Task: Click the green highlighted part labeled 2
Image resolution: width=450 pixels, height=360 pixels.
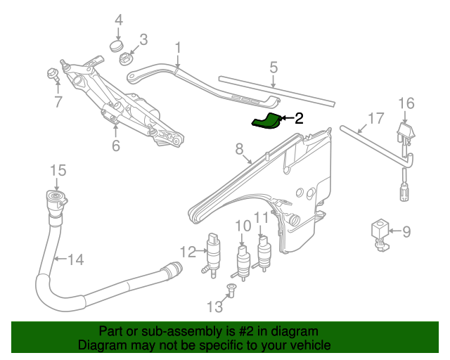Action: pos(267,122)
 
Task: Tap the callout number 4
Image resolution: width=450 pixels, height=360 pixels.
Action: pos(118,20)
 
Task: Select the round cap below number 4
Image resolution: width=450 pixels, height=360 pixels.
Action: pos(117,48)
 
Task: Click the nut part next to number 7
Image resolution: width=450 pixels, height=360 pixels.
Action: pos(52,72)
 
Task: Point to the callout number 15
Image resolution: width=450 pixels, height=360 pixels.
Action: pos(58,170)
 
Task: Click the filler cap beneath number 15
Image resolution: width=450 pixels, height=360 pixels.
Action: pos(55,198)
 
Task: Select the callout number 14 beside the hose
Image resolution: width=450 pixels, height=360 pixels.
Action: pos(75,259)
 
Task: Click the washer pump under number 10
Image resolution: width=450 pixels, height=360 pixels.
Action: pos(243,261)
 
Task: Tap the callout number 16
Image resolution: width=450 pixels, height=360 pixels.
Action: pos(406,103)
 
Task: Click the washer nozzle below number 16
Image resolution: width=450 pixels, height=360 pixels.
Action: pos(405,134)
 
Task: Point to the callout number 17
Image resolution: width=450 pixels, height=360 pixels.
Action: pos(376,117)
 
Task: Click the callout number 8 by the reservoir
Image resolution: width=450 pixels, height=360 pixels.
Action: pos(239,148)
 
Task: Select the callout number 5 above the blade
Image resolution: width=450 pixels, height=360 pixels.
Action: pos(274,67)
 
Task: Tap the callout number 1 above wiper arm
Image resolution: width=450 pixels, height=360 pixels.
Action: pos(178,48)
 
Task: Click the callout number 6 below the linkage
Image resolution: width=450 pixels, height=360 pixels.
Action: pos(115,146)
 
